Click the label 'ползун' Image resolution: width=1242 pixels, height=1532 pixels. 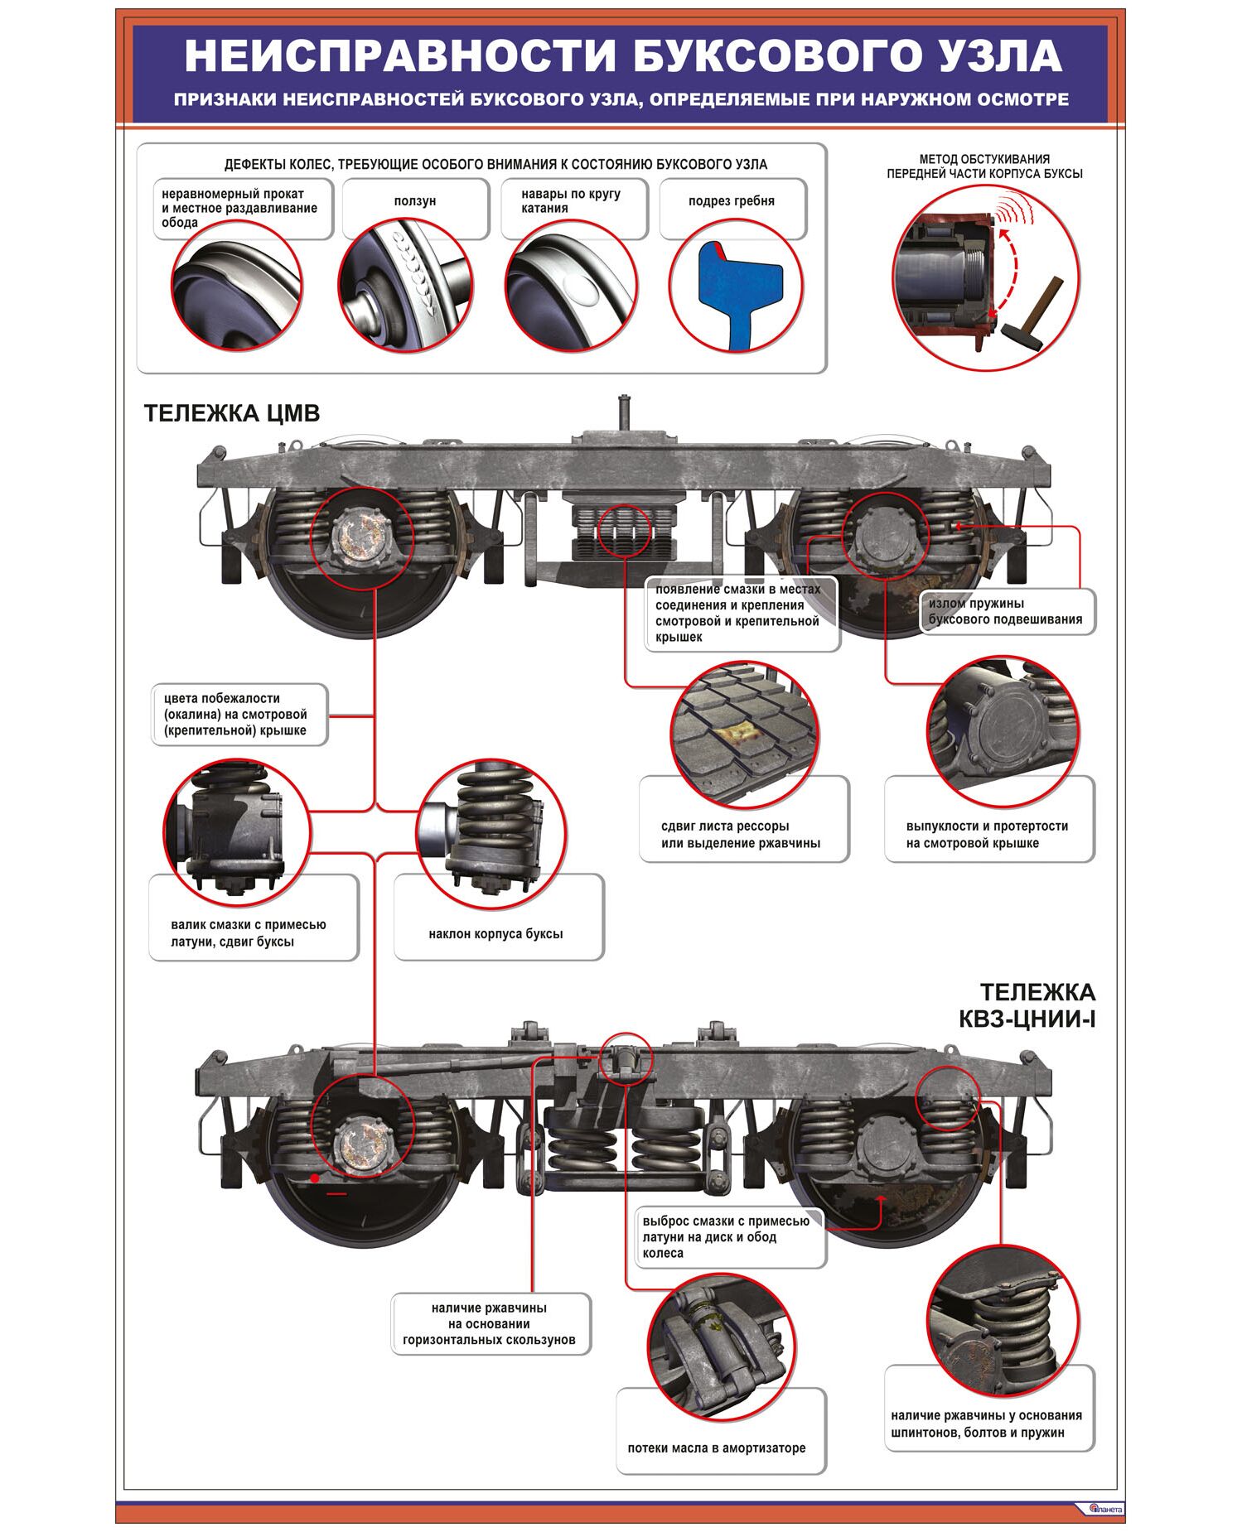point(415,201)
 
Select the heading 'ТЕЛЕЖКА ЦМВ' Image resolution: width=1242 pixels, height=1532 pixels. point(232,413)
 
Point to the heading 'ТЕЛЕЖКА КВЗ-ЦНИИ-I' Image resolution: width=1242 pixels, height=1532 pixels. point(1027,1004)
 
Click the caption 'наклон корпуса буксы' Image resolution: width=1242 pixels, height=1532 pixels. point(495,933)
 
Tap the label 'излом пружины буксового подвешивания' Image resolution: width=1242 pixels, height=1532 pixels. point(1005,611)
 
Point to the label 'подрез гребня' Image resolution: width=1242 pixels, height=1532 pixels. point(732,201)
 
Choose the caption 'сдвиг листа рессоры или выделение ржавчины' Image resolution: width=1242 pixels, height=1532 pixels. point(741,834)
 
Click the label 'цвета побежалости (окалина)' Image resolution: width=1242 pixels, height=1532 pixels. point(235,714)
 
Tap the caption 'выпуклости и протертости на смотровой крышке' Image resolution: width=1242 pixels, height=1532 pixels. point(987,834)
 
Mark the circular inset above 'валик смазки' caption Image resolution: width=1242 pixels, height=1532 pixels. point(236,831)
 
